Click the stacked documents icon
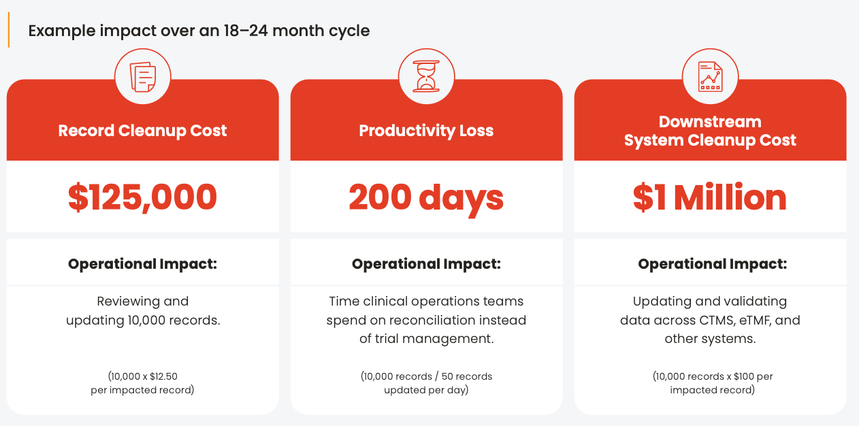pyautogui.click(x=143, y=77)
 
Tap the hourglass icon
pyautogui.click(x=426, y=76)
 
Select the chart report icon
pyautogui.click(x=710, y=77)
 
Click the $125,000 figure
pyautogui.click(x=143, y=197)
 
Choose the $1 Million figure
pyautogui.click(x=710, y=197)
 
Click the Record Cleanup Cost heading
pyautogui.click(x=142, y=131)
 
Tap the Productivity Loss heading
pyautogui.click(x=426, y=131)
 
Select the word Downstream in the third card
pyautogui.click(x=710, y=122)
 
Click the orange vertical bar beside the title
pyautogui.click(x=9, y=30)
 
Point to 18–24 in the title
pyautogui.click(x=246, y=31)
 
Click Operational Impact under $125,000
pyautogui.click(x=143, y=264)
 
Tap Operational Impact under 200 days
pyautogui.click(x=426, y=264)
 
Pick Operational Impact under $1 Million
pyautogui.click(x=713, y=264)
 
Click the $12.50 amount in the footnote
pyautogui.click(x=164, y=376)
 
